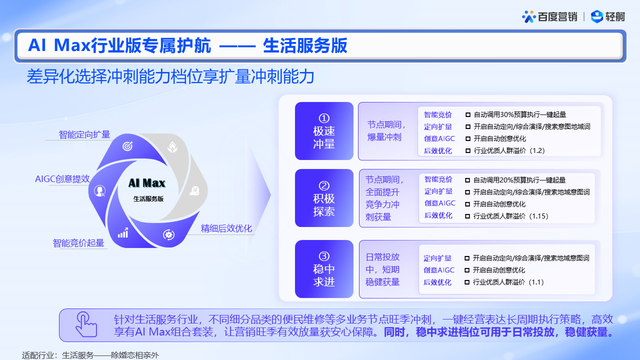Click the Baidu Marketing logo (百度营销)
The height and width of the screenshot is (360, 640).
(549, 17)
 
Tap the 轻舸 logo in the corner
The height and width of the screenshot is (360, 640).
(607, 16)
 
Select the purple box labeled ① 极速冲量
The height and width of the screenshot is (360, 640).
(324, 131)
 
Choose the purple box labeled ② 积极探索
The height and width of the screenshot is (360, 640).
(324, 198)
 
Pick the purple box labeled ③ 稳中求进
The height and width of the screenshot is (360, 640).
(324, 269)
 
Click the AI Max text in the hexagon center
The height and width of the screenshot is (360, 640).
(147, 183)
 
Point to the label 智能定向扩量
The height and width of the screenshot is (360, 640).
(84, 134)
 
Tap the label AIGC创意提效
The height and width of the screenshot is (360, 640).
(62, 179)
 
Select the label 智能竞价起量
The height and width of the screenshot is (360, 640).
(78, 243)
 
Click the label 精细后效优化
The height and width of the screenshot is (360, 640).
(226, 228)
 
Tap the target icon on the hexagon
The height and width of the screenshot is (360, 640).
(127, 146)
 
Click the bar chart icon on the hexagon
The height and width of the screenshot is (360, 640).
(123, 233)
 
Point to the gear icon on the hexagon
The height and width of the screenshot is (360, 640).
(168, 234)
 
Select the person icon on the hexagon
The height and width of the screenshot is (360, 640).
(99, 190)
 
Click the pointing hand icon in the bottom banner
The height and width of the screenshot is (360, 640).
(86, 324)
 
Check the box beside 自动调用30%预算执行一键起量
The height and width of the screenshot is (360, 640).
(467, 115)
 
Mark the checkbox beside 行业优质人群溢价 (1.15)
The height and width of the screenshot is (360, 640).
(467, 216)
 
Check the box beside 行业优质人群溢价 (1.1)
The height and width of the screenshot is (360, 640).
(467, 282)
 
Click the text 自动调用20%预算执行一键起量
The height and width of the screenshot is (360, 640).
(519, 180)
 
